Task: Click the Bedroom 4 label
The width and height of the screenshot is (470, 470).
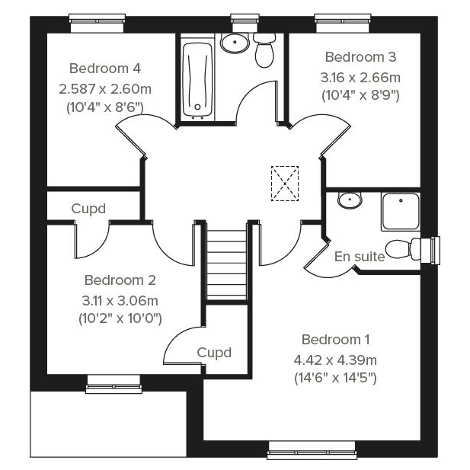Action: (105, 69)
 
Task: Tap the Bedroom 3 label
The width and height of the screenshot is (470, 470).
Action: (360, 57)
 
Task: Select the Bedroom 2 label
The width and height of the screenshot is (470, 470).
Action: (120, 280)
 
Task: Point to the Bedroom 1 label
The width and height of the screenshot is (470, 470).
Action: (335, 340)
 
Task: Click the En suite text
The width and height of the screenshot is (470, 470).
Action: (360, 257)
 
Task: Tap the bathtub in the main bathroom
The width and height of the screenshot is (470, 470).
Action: (198, 80)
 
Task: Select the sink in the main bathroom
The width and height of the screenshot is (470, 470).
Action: (235, 43)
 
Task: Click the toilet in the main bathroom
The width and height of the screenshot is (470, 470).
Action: (264, 50)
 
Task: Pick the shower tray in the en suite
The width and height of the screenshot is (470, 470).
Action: (401, 212)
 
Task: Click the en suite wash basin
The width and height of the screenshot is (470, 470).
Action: (350, 200)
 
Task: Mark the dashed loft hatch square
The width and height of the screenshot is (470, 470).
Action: (285, 183)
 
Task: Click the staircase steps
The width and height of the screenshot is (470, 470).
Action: (227, 264)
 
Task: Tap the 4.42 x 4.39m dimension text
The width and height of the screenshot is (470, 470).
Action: (335, 360)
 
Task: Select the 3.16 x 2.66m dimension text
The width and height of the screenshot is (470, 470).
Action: (360, 78)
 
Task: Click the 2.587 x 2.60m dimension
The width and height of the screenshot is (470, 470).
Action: (105, 89)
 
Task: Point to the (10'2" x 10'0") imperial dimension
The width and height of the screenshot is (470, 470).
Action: (120, 318)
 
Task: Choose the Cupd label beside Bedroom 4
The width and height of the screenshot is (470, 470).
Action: (88, 209)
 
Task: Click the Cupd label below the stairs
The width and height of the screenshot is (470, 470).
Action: (214, 353)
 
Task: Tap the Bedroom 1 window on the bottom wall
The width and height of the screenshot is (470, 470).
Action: (312, 450)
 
